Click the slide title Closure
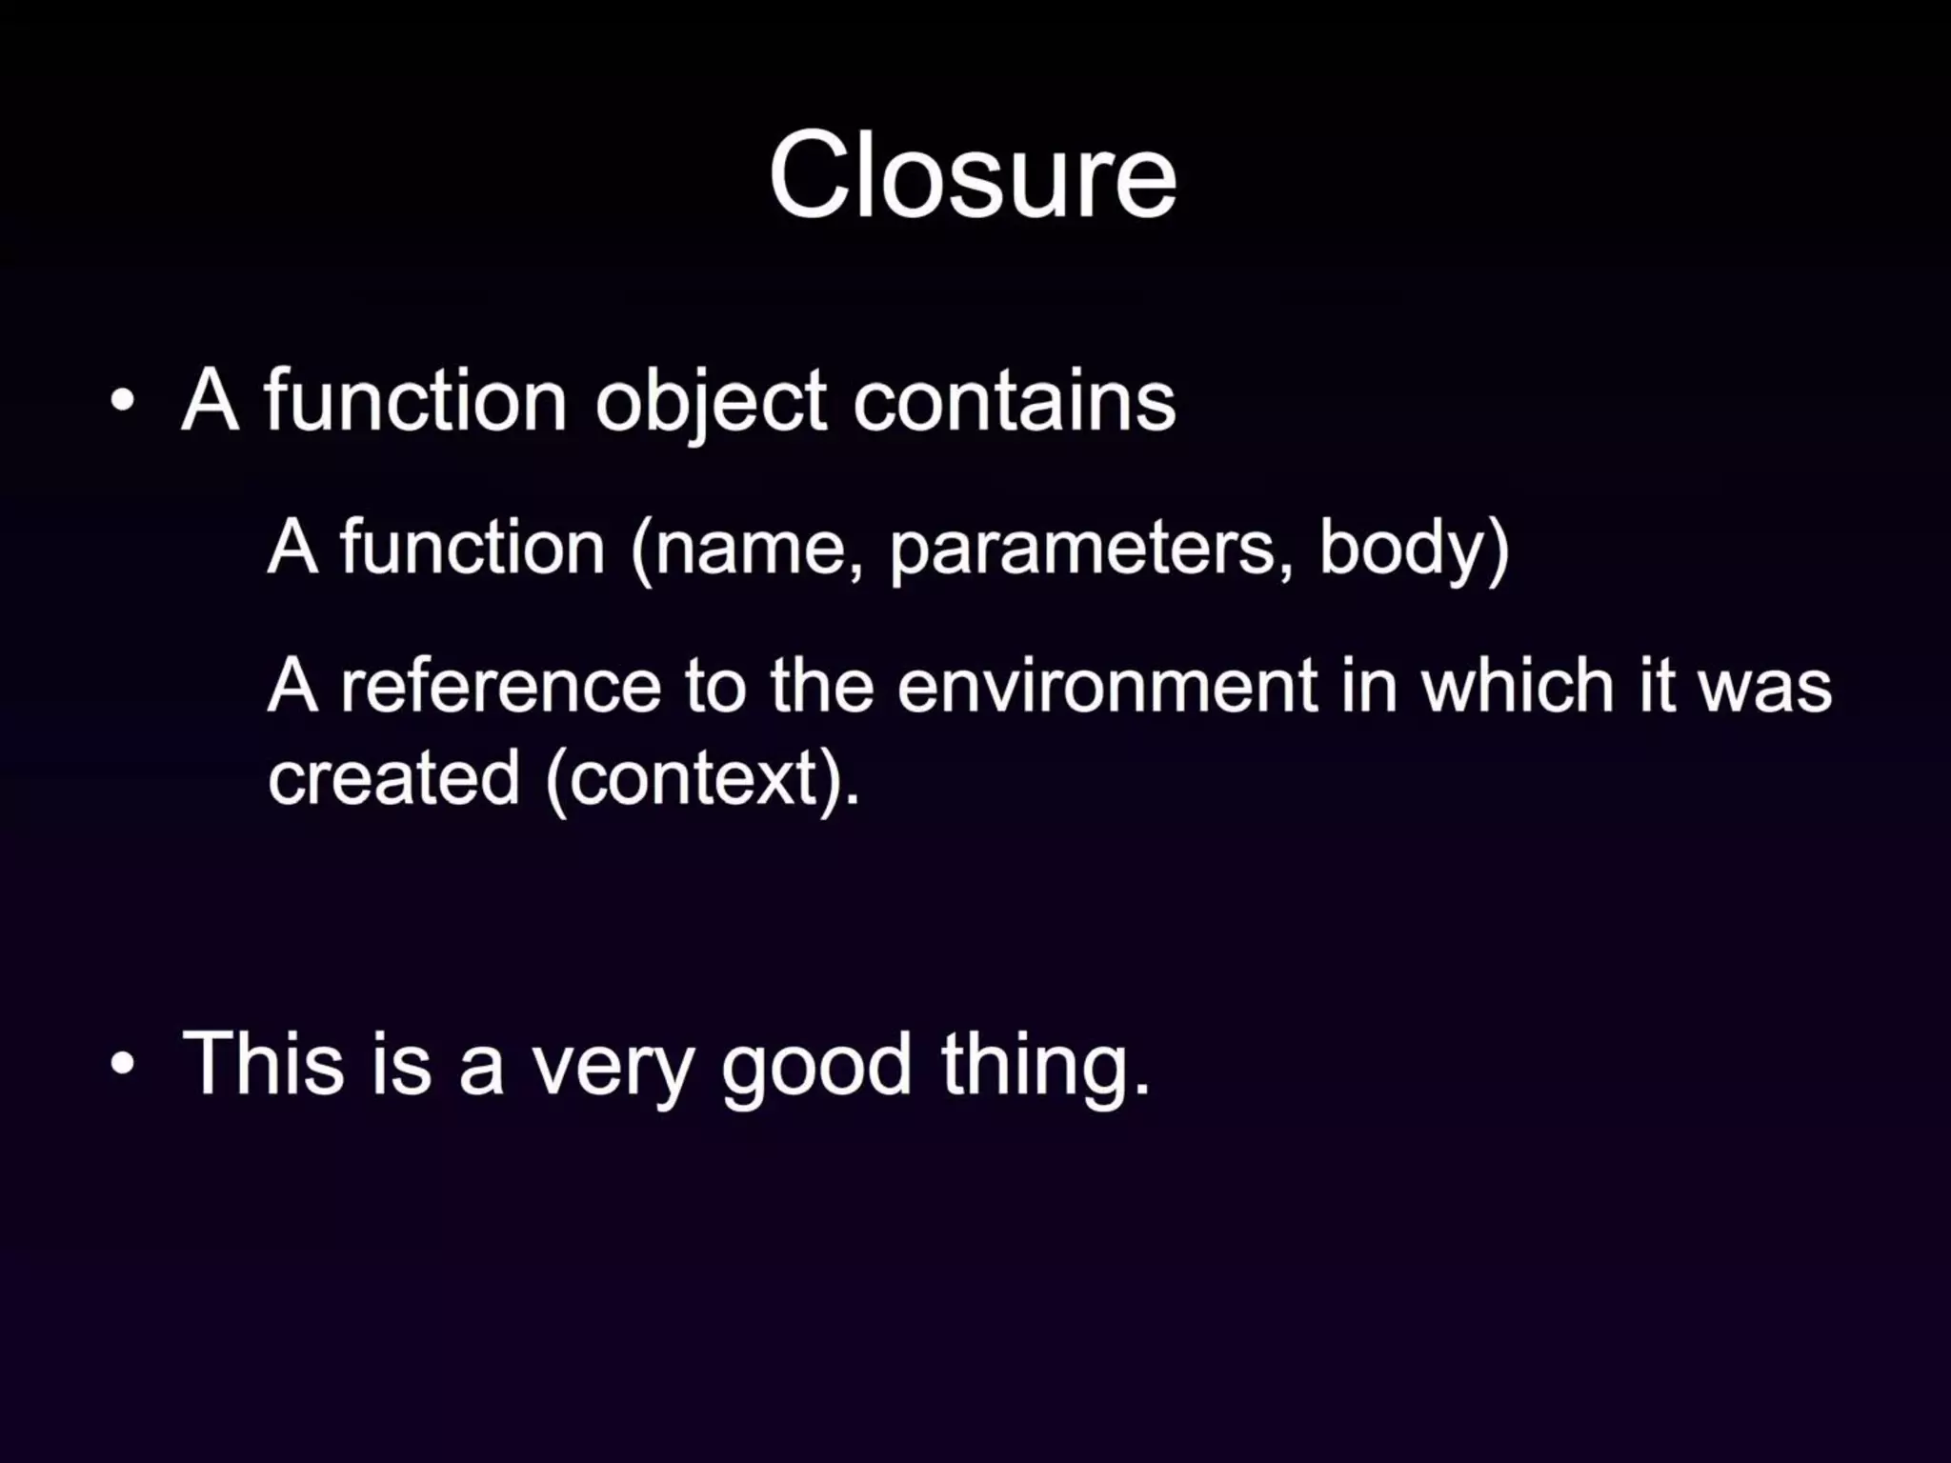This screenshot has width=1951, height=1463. tap(973, 176)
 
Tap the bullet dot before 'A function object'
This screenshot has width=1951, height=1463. tap(122, 401)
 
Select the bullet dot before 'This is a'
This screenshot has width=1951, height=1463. tap(122, 1063)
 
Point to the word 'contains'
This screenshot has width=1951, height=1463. tap(1014, 401)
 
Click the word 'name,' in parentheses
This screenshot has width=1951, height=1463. tap(749, 549)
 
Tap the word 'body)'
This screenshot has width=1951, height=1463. tap(1414, 549)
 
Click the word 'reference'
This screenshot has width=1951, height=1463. tap(501, 686)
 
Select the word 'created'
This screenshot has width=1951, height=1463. tap(393, 777)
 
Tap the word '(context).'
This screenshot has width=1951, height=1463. tap(703, 777)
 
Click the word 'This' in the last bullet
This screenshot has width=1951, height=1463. tap(263, 1063)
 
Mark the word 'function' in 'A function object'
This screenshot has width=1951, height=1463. tap(415, 401)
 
